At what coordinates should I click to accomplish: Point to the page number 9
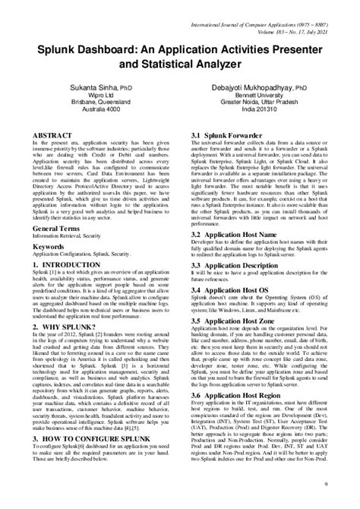point(346,484)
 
